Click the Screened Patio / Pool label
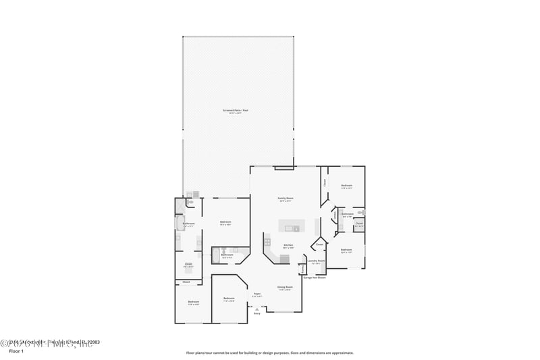236,110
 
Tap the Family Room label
286,199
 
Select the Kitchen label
288,245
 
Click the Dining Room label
284,287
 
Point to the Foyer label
257,294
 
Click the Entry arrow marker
256,309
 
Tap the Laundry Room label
316,261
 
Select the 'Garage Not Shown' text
315,278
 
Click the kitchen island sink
296,229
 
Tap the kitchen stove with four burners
267,242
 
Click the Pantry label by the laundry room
302,269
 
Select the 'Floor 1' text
16,352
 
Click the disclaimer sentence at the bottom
269,353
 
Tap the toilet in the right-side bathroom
361,212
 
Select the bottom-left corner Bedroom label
193,302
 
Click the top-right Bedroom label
346,186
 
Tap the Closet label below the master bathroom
188,264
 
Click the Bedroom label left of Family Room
225,222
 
